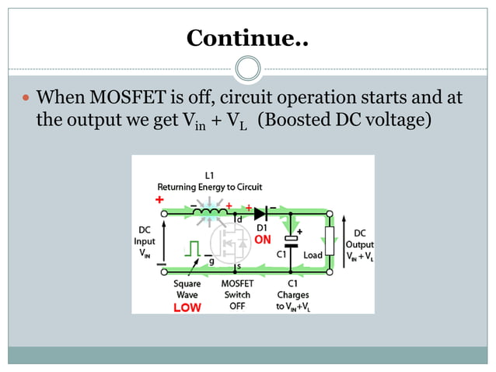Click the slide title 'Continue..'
click(x=247, y=37)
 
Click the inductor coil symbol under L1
click(x=211, y=210)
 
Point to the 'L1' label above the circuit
click(x=210, y=176)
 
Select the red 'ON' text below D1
click(x=263, y=240)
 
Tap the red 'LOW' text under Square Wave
click(x=187, y=307)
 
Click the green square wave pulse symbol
click(x=192, y=247)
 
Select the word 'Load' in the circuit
click(x=313, y=254)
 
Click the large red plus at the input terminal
click(x=161, y=199)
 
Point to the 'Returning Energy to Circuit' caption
click(x=210, y=188)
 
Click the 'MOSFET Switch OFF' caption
click(x=238, y=295)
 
